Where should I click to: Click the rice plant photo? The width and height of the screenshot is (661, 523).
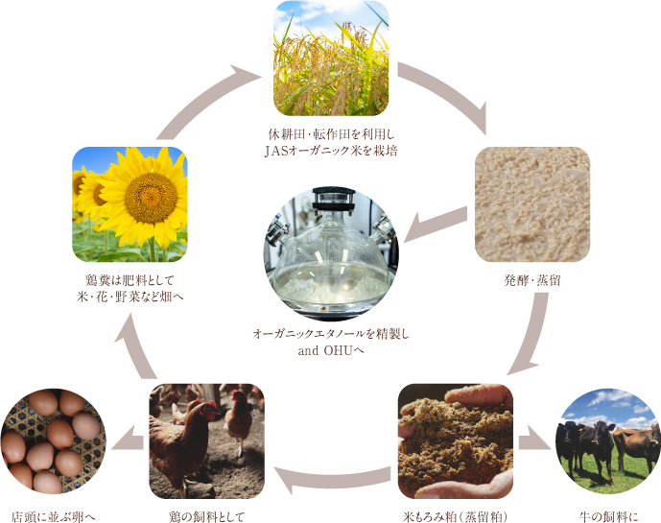tap(331, 59)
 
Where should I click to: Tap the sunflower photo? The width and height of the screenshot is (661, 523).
tap(130, 204)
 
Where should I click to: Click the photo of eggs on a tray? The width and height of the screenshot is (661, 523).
tap(52, 441)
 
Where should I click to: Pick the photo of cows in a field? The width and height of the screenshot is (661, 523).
tap(608, 441)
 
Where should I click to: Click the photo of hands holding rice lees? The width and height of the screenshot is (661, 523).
tap(456, 441)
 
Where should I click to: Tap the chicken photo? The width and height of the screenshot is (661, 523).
tap(206, 441)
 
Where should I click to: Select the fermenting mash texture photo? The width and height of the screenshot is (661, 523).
tap(532, 204)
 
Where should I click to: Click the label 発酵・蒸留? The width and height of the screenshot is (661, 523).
tap(532, 280)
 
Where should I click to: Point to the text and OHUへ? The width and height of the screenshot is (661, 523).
tap(331, 350)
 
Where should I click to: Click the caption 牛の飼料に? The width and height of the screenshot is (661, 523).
tap(608, 516)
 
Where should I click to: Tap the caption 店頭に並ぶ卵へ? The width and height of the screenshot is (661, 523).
tap(53, 516)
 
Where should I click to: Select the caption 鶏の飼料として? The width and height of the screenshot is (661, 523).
tap(206, 516)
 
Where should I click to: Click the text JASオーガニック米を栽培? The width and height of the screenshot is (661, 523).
tap(331, 151)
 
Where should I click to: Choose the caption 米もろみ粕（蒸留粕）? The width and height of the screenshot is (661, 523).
tap(456, 516)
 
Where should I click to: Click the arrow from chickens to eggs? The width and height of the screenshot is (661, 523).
tap(128, 441)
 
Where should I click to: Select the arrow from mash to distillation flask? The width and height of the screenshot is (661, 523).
tap(435, 226)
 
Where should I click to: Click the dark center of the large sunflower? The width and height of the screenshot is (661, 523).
tap(151, 198)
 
